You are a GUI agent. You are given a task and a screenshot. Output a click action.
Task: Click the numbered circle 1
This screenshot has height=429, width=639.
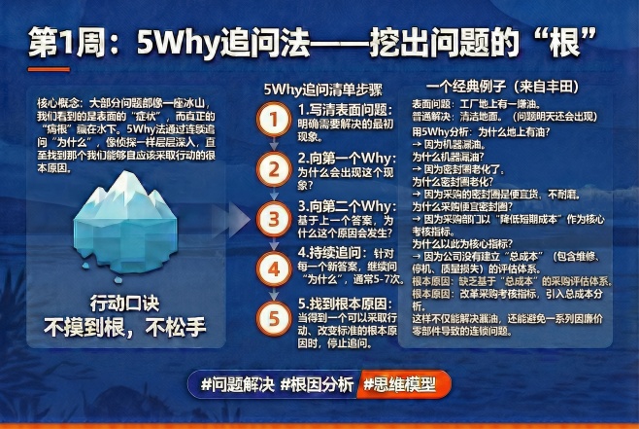[275, 120]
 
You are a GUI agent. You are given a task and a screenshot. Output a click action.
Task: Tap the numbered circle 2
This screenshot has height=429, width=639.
[275, 169]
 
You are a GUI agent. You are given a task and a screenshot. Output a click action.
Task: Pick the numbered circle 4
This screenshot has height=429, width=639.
[275, 267]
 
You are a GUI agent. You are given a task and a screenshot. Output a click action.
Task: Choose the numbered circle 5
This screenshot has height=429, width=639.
[275, 318]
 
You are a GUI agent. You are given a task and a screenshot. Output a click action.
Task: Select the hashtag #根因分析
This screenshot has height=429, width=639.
[316, 383]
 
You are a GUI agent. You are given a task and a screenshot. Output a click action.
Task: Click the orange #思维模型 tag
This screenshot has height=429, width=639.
[398, 383]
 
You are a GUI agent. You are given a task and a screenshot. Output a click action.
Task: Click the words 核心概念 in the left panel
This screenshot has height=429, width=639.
[56, 100]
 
